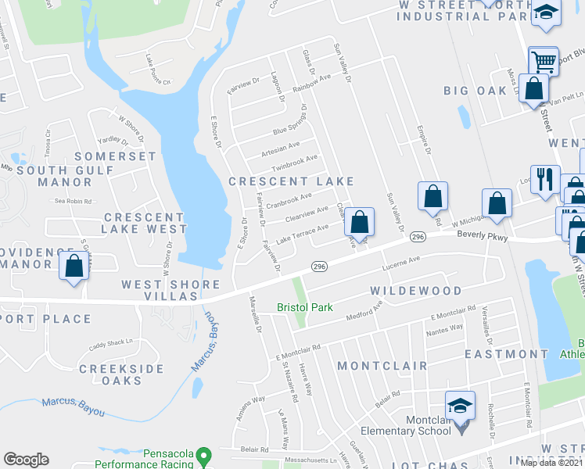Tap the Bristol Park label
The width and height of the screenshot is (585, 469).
[x=306, y=308]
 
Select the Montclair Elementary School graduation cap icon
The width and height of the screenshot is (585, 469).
[x=460, y=405]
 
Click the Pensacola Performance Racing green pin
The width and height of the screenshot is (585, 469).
[x=204, y=454]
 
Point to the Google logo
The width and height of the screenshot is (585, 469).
[x=26, y=460]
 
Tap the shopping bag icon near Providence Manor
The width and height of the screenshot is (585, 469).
[x=74, y=266]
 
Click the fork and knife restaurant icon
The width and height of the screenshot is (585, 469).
[x=544, y=179]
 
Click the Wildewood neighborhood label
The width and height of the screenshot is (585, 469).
[x=415, y=291]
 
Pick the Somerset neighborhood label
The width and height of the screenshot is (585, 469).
[x=115, y=156]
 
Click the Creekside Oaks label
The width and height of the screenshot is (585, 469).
[x=121, y=374]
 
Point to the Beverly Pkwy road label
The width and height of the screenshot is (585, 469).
[x=483, y=235]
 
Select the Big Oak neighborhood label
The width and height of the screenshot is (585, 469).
[x=475, y=91]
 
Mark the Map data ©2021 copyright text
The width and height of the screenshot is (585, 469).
[x=551, y=463]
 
